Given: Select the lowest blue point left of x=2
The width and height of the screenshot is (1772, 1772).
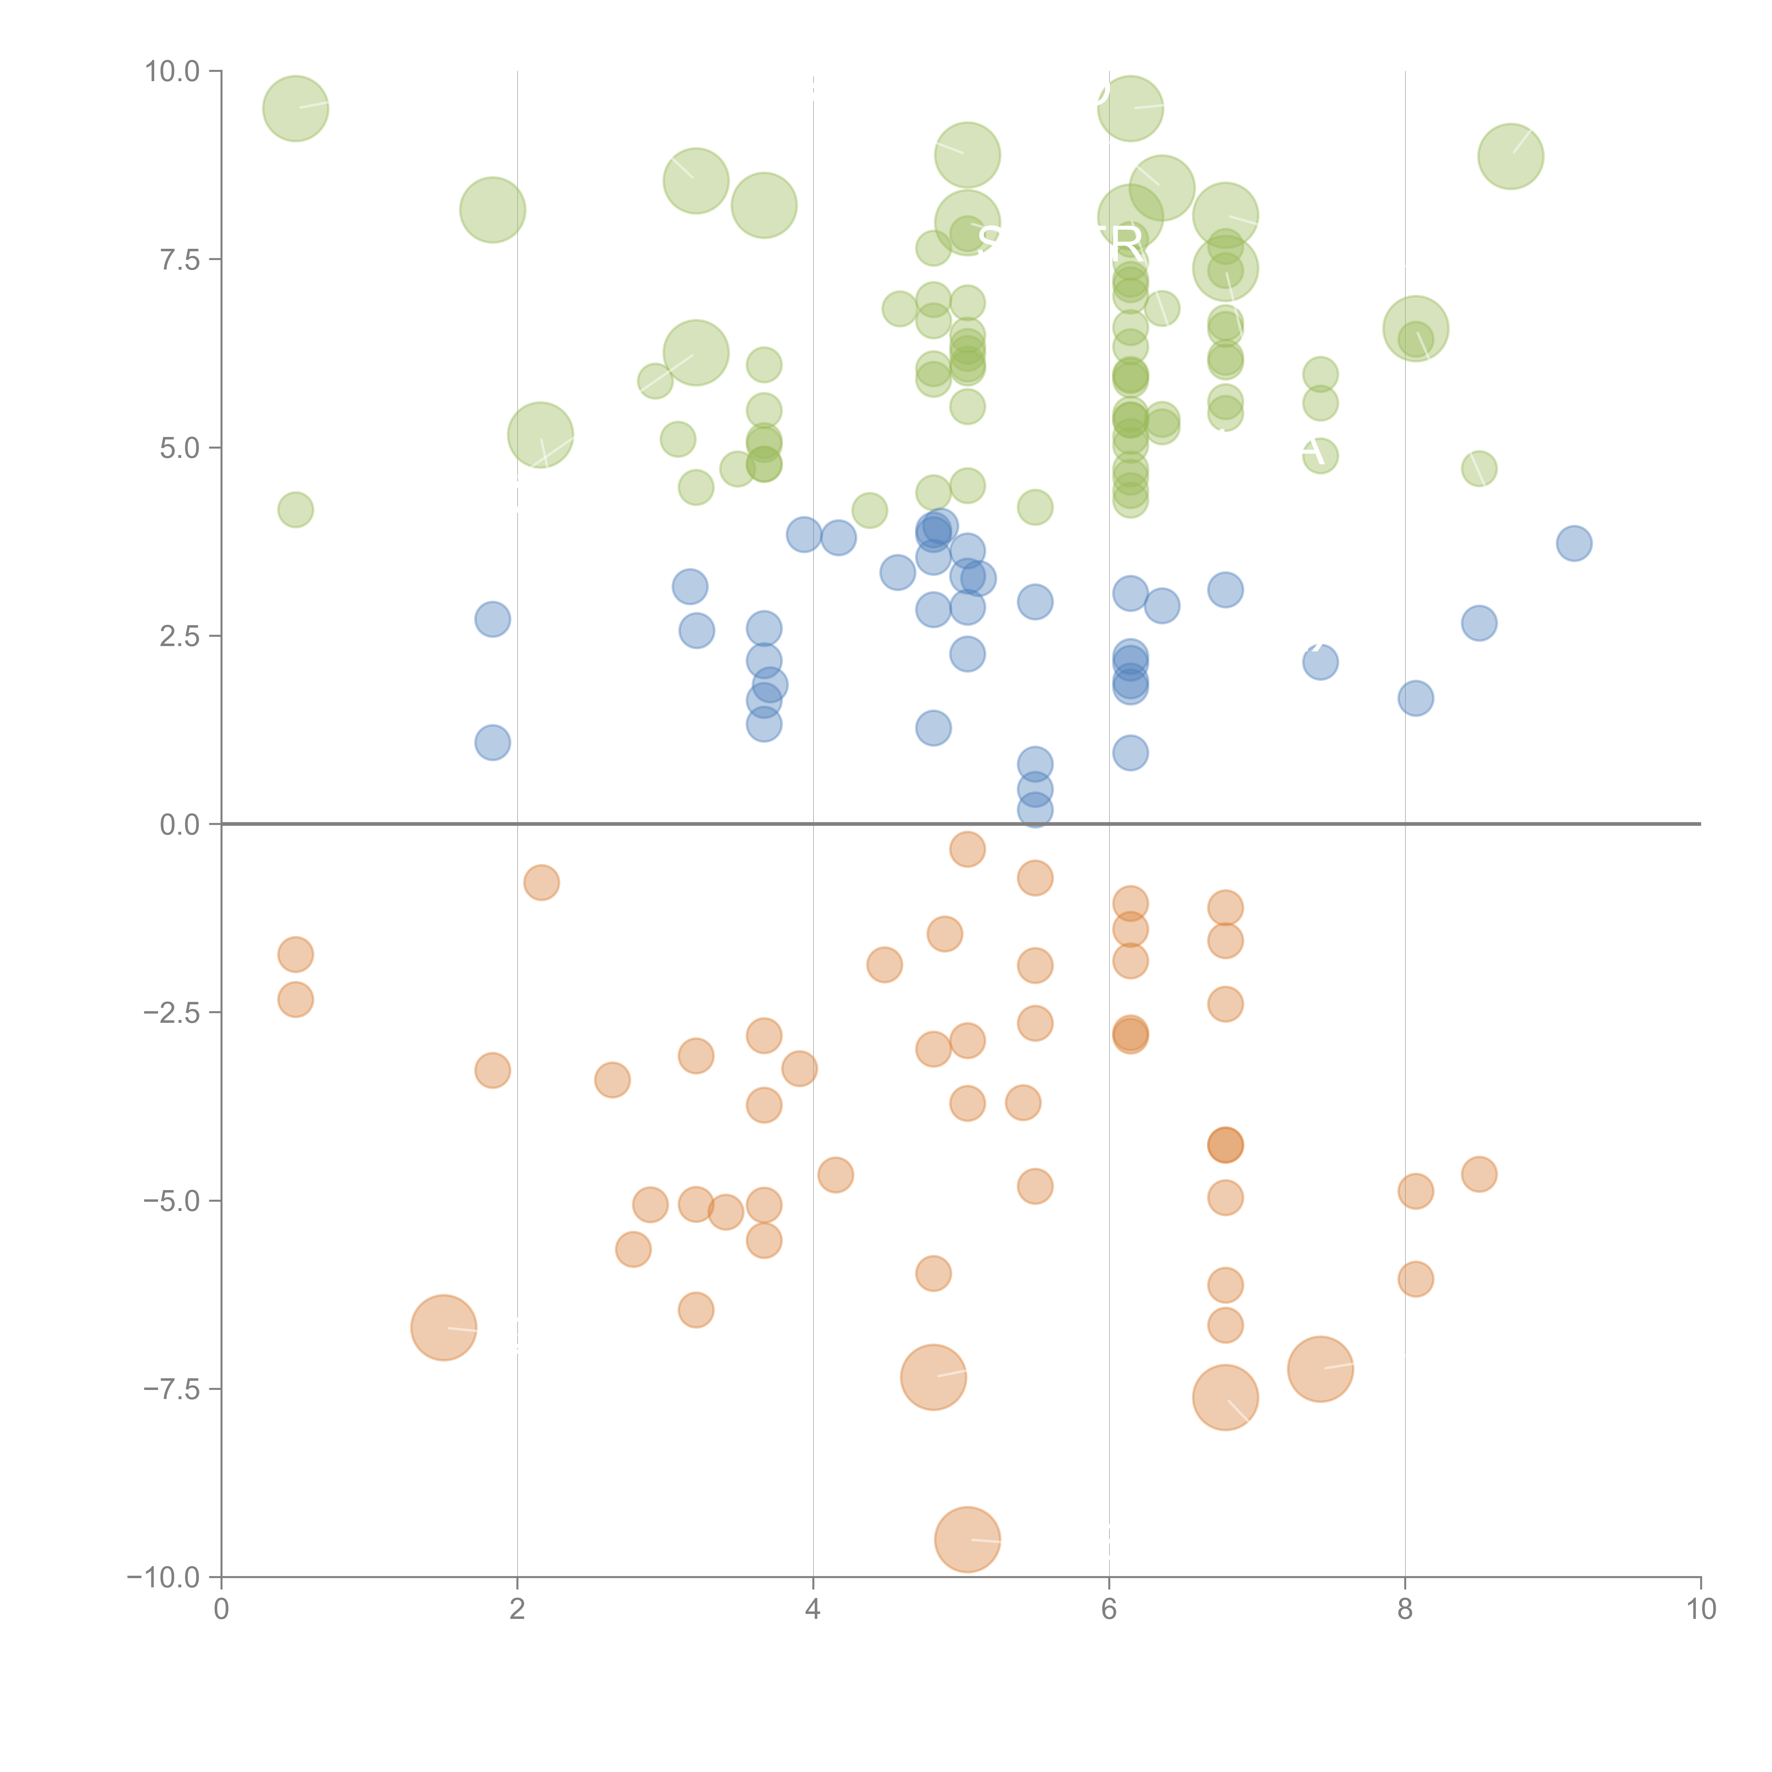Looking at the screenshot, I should (x=493, y=742).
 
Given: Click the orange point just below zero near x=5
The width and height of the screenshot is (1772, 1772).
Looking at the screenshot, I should (x=968, y=849).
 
